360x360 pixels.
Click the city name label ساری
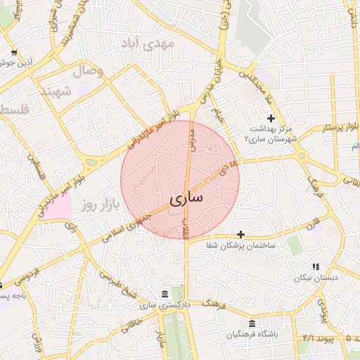pos(185,199)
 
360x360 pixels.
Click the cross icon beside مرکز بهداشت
pos(271,118)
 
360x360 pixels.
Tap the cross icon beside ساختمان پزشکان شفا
pos(241,234)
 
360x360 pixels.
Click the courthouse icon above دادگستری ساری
pos(164,293)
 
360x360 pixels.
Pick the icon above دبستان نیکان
pos(316,266)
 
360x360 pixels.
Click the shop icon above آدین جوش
pos(14,53)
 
